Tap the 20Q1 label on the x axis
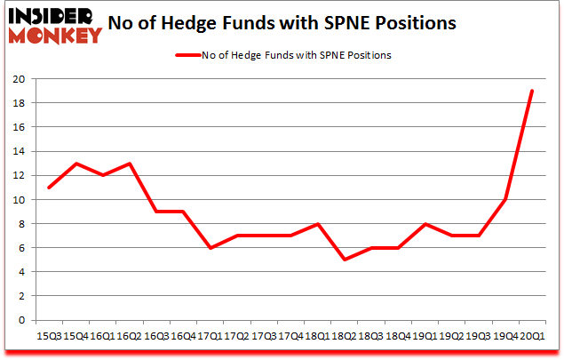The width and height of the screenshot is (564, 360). coord(531,337)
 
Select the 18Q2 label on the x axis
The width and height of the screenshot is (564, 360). coord(343,337)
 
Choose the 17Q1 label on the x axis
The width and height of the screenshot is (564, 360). coord(209,337)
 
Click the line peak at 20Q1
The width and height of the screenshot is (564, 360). coord(531,91)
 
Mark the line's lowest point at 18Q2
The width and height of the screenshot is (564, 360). coord(343,260)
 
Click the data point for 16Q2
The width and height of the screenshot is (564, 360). coord(128,164)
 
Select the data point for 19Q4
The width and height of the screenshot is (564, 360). coord(504,199)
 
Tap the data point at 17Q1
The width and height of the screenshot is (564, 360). coord(209,248)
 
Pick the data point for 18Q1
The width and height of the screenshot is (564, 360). coord(316,224)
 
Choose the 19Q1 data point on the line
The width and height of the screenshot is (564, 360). coord(424,224)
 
